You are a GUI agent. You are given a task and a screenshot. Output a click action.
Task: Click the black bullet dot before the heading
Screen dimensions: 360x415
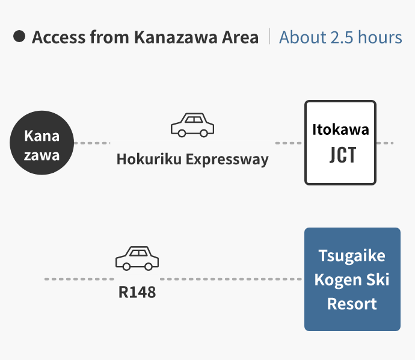(x=19, y=37)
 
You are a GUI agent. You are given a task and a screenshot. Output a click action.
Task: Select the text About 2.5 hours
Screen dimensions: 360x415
(x=340, y=37)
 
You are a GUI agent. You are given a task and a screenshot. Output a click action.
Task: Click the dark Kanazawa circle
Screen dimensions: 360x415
(x=42, y=143)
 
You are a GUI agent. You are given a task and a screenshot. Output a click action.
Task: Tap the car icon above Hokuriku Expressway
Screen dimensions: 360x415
(x=192, y=125)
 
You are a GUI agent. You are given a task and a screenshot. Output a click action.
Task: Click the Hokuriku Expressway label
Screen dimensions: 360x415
(x=192, y=160)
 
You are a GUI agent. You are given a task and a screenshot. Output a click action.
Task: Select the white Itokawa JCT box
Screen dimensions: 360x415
(x=340, y=143)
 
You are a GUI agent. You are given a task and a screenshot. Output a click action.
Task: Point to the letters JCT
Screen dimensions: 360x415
(x=342, y=155)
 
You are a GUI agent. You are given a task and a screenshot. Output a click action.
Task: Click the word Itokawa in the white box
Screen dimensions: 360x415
(x=340, y=129)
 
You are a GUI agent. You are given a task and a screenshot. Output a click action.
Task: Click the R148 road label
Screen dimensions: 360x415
(x=137, y=293)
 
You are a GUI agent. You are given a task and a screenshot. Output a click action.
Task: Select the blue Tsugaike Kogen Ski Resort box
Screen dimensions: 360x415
(x=352, y=279)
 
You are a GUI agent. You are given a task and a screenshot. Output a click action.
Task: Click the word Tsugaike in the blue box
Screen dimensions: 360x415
(x=352, y=256)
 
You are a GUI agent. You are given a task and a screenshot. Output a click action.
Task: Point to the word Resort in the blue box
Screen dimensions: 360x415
(x=352, y=303)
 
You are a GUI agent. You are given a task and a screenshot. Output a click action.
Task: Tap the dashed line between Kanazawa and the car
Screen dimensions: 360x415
(x=93, y=143)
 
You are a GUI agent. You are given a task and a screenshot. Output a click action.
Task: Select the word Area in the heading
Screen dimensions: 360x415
(x=239, y=37)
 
